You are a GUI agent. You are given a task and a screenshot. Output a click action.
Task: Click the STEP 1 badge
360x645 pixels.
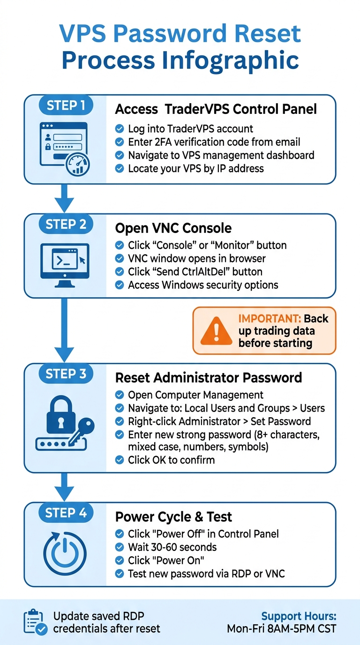click(x=66, y=105)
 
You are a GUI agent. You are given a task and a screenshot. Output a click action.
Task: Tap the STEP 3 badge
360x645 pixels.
click(x=66, y=374)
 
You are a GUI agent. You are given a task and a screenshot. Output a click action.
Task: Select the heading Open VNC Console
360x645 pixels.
click(x=173, y=228)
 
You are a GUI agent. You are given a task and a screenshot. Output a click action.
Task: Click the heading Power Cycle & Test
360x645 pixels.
click(x=173, y=517)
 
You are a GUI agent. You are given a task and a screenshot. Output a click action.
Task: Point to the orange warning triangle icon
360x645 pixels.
click(x=216, y=331)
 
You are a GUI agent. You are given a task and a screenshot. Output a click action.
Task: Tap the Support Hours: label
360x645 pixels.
click(x=299, y=616)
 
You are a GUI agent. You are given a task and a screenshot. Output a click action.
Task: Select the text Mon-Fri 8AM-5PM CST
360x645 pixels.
click(x=281, y=629)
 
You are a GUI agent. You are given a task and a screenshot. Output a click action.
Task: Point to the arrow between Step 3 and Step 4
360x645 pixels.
click(x=65, y=486)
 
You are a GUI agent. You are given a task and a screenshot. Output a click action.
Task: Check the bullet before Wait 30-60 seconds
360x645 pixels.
click(x=120, y=547)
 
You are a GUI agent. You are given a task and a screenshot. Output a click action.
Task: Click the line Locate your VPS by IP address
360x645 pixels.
click(x=195, y=168)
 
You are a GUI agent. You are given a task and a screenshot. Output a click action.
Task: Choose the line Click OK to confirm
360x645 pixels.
click(x=171, y=460)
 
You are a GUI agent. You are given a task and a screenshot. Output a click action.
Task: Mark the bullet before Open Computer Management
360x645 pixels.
click(x=120, y=395)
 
